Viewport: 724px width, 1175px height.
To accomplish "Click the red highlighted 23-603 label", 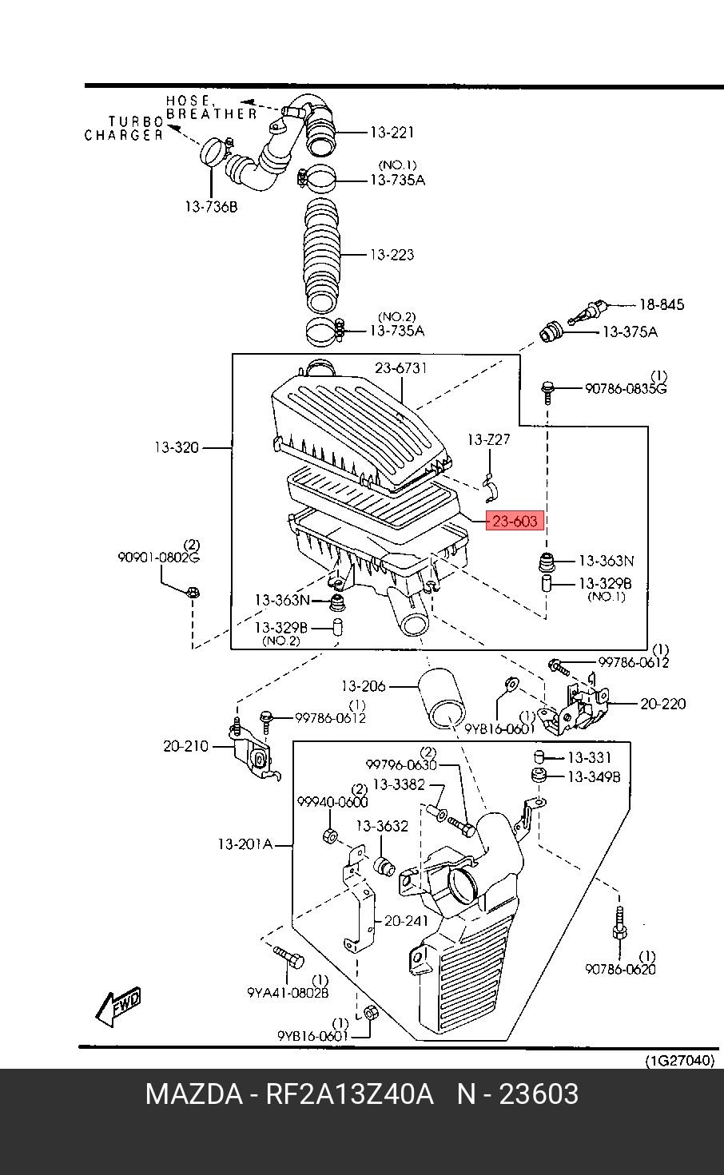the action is (515, 521).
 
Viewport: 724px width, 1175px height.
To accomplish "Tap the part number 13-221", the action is (392, 132).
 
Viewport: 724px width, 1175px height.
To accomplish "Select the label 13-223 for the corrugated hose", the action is (392, 254).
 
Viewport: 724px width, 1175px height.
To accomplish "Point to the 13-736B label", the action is (211, 207).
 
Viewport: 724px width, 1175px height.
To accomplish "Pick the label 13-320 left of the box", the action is (177, 447).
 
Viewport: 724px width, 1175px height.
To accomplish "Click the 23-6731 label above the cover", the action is (401, 368).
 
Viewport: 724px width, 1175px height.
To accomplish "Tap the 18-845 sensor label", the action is (662, 304).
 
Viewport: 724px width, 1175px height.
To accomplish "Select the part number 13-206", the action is (363, 685).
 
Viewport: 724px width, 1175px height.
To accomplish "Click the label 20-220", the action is (663, 704).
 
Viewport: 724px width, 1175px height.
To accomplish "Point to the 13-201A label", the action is (245, 844).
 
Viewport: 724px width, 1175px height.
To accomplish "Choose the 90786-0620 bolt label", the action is (621, 969).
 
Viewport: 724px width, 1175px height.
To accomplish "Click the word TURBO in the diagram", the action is (137, 121).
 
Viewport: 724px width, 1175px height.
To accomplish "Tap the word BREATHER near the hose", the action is (212, 113).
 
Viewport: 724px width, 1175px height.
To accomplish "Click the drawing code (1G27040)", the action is (680, 1061).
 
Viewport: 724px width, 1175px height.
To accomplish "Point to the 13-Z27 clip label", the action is (488, 439).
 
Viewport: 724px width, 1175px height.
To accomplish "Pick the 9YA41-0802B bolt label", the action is (288, 992).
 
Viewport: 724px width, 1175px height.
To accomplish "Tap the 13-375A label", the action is (630, 331).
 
